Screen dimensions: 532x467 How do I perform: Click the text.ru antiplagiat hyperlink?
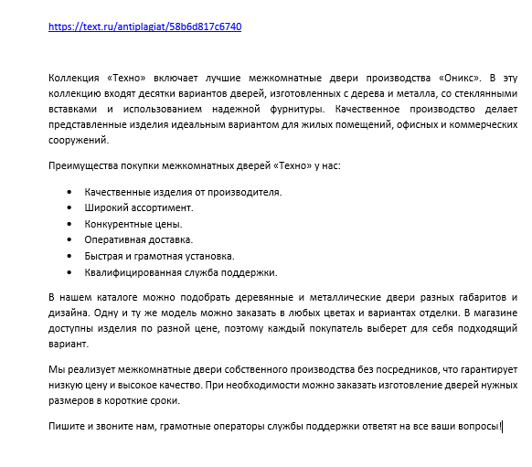(x=144, y=27)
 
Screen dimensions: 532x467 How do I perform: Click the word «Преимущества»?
(x=80, y=165)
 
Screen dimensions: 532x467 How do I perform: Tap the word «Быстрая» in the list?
(x=104, y=256)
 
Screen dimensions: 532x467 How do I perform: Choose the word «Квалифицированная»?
(x=128, y=271)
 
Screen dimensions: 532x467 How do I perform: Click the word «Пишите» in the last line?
(x=66, y=426)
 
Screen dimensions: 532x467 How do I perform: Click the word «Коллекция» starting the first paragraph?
(x=75, y=79)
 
